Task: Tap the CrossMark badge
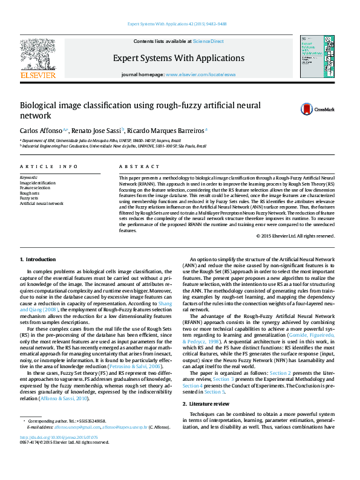click(321, 109)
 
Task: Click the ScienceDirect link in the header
click(208, 41)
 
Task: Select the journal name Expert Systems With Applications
click(178, 58)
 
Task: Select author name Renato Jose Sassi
click(99, 130)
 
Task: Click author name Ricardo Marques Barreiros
click(169, 130)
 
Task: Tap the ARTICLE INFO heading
click(49, 166)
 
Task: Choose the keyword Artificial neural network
click(42, 204)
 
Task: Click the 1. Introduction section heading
click(38, 259)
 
